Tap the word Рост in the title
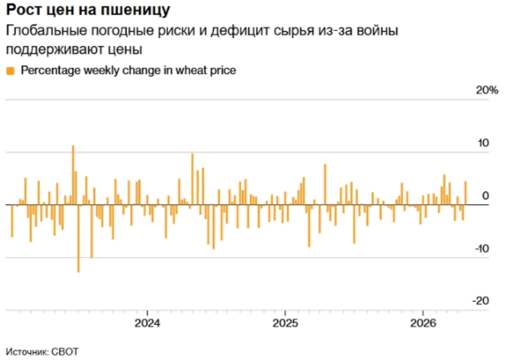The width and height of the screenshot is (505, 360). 21,10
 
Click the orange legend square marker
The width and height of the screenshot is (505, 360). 10,71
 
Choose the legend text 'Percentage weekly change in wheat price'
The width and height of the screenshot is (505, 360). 129,71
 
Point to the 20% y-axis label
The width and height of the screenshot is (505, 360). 486,91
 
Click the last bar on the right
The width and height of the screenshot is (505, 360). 465,193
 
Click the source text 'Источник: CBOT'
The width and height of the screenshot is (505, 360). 37,352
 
